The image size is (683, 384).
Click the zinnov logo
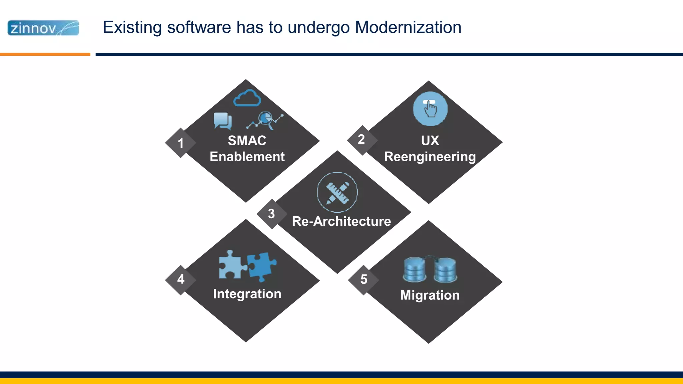click(x=43, y=28)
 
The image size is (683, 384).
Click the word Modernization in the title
click(x=408, y=27)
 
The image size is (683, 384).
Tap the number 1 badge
click(x=180, y=143)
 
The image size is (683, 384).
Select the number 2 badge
click(x=362, y=139)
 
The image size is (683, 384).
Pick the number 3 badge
click(x=271, y=214)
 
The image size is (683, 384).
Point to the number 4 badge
click(x=181, y=279)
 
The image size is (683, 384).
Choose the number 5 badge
click(x=364, y=279)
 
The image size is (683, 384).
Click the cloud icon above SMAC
click(x=247, y=98)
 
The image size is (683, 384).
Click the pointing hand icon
click(x=430, y=109)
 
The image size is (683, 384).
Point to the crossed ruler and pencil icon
click(x=337, y=192)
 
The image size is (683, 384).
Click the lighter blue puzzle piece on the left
click(x=231, y=265)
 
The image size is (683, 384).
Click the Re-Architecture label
click(x=341, y=221)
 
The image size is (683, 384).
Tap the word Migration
click(x=430, y=295)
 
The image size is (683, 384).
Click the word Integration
click(x=247, y=294)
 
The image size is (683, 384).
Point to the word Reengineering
click(x=430, y=157)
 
